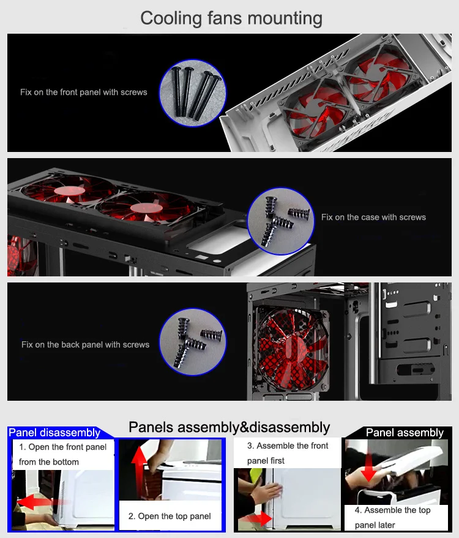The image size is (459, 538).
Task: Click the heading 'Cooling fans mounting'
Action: (x=231, y=18)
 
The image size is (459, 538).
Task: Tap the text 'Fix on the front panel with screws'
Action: (x=84, y=93)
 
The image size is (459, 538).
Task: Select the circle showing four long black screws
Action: (x=193, y=93)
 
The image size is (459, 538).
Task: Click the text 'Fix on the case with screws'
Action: (x=373, y=217)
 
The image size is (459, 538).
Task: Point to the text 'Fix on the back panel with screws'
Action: (x=85, y=344)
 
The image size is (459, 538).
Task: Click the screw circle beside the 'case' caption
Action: (x=281, y=221)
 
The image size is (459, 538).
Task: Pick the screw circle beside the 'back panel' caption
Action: (x=193, y=342)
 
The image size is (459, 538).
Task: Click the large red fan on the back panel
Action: (x=292, y=349)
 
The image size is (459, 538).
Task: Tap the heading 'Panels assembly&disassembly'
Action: (x=229, y=428)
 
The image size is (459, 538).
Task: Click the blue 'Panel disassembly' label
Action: (x=54, y=433)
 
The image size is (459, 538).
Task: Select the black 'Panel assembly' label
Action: (x=405, y=433)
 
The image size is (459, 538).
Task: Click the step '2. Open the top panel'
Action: (x=170, y=516)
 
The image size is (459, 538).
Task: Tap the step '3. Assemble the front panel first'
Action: (x=287, y=453)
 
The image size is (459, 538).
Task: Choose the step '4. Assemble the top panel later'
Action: (x=392, y=517)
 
